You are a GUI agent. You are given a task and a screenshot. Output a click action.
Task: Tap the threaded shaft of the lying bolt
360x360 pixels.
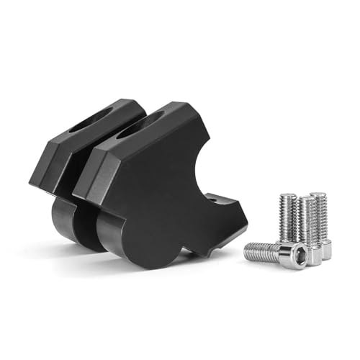[x=263, y=251]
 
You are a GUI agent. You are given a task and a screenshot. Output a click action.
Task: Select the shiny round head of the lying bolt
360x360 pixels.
[x=292, y=255]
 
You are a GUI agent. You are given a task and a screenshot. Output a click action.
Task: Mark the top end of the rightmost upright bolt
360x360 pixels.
[x=318, y=196]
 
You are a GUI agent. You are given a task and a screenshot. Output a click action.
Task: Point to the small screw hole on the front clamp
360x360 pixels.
[x=210, y=196]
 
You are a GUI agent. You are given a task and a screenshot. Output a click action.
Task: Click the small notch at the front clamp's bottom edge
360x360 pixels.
[x=189, y=251]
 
